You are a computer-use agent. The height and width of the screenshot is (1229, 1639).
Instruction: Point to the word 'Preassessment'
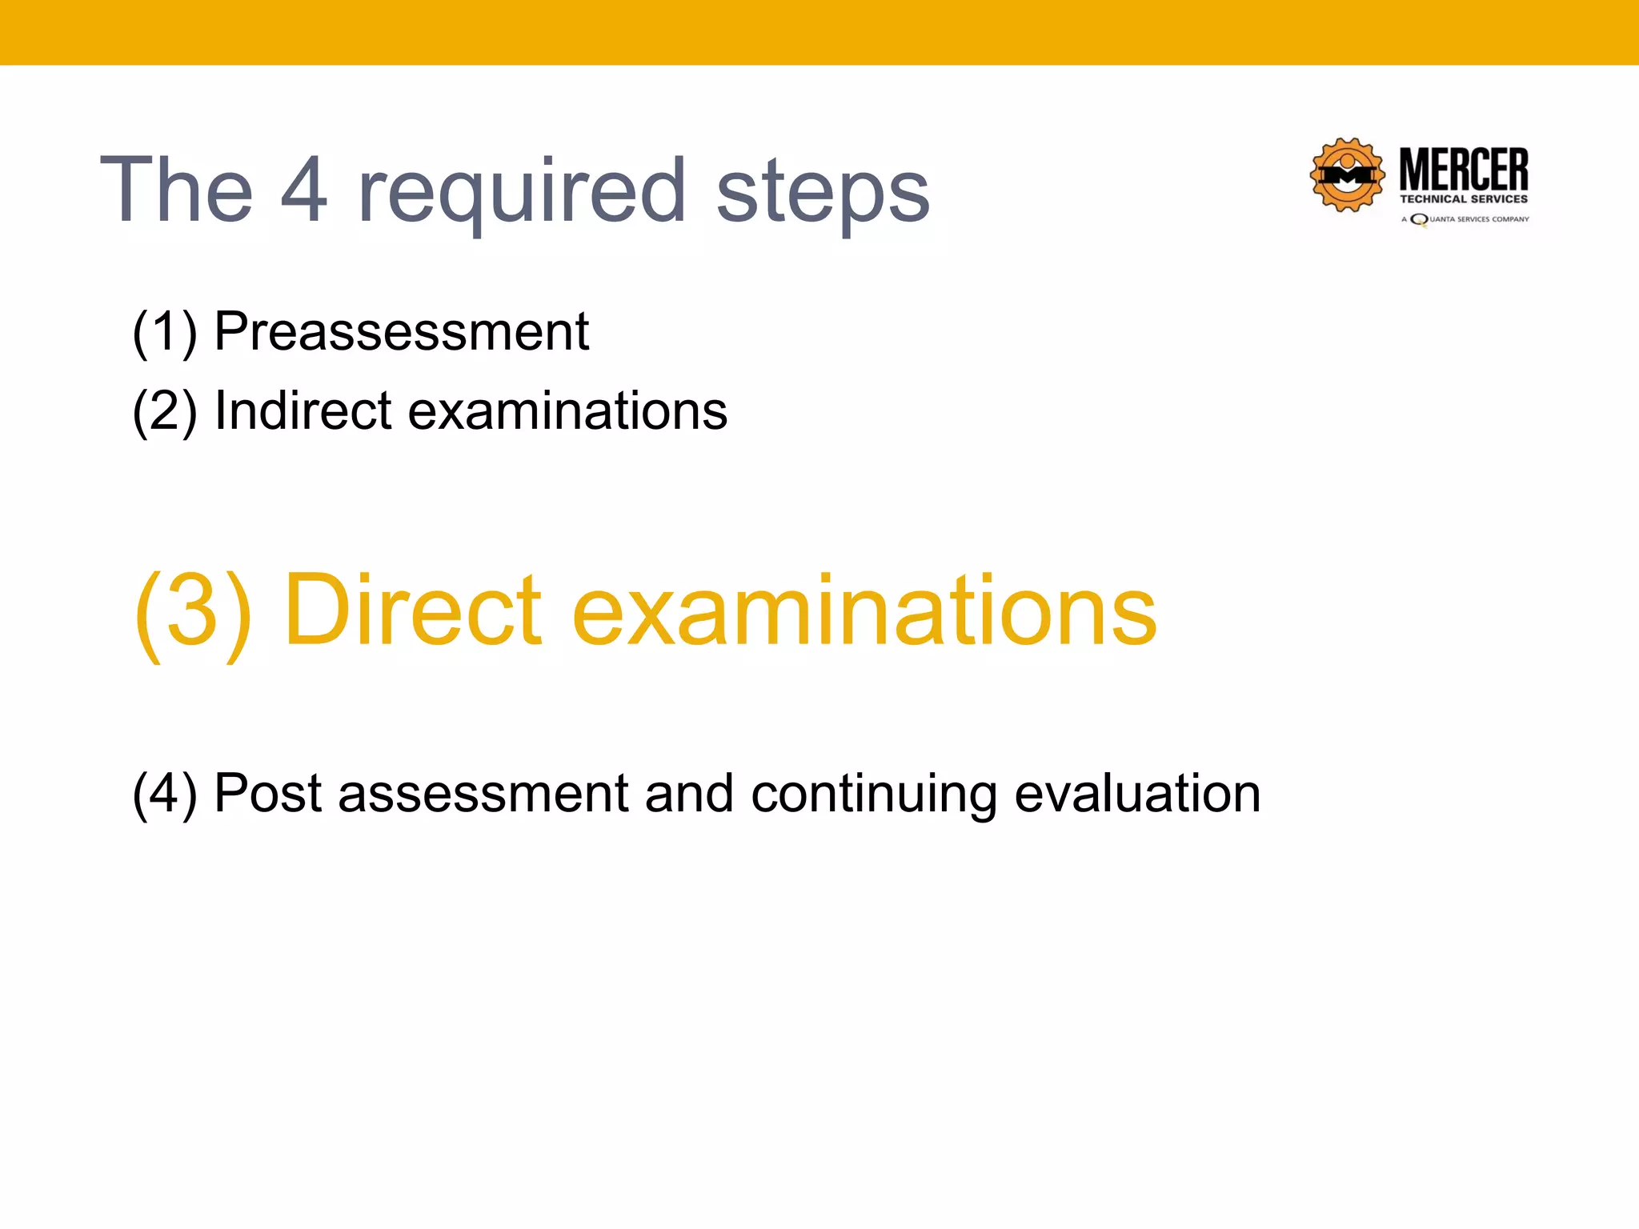pos(402,331)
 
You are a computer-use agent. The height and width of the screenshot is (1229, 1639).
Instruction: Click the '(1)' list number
pos(164,333)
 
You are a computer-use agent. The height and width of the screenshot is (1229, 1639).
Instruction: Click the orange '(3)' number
pos(192,611)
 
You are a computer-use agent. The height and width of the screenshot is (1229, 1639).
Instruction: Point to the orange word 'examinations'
pos(864,611)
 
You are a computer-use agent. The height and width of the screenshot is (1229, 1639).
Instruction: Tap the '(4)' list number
pos(164,795)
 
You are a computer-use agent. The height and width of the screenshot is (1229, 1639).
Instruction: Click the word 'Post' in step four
pos(268,795)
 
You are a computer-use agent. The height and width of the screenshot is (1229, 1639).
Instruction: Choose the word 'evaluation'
pos(1137,795)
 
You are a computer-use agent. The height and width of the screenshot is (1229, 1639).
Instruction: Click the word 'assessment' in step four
pos(483,795)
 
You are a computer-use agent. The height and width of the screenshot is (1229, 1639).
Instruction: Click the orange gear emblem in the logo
pos(1348,175)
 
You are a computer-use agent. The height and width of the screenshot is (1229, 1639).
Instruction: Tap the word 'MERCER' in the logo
pos(1464,169)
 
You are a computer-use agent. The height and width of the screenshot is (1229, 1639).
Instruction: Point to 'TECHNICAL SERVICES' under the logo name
pos(1464,199)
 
